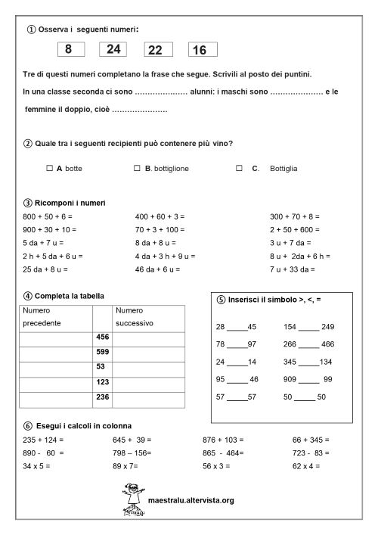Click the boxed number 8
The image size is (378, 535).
[69, 50]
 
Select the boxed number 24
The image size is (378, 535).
[113, 50]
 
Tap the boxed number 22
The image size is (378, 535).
[156, 50]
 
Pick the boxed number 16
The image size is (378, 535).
[200, 50]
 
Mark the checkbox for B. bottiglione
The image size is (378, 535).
[137, 168]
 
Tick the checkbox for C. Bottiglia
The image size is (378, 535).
[239, 168]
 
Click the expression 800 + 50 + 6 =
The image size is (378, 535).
[48, 216]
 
